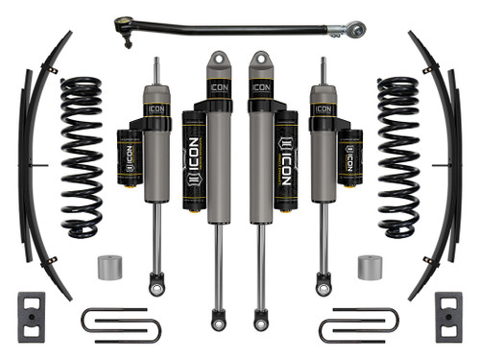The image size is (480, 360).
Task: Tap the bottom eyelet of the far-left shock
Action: (x=156, y=285)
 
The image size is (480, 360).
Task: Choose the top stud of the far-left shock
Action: (x=156, y=69)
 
